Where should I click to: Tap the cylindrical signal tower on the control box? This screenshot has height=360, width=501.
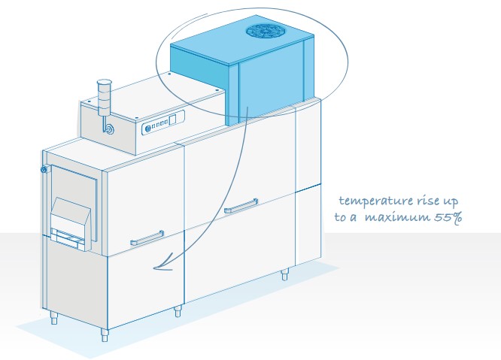(x=104, y=98)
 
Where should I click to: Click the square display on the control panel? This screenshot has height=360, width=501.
(x=172, y=119)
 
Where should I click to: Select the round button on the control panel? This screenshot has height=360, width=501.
(x=148, y=129)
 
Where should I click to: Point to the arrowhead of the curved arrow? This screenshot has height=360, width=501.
(x=163, y=263)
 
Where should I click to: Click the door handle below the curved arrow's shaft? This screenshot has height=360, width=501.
(x=241, y=206)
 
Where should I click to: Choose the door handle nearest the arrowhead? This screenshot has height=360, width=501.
(x=147, y=238)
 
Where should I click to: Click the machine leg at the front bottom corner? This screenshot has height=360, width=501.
(x=105, y=335)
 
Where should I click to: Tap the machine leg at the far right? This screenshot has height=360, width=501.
(x=284, y=274)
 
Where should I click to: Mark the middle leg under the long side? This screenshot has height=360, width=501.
(x=178, y=311)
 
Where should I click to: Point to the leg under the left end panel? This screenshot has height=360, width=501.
(x=55, y=318)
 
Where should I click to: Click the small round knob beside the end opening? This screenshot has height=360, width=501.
(x=44, y=169)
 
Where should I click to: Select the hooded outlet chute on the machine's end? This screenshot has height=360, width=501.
(x=71, y=223)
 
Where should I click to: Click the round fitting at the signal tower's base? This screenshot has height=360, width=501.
(x=110, y=129)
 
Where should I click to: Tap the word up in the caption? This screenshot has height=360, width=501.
(x=450, y=201)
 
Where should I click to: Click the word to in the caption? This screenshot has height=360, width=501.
(x=340, y=217)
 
